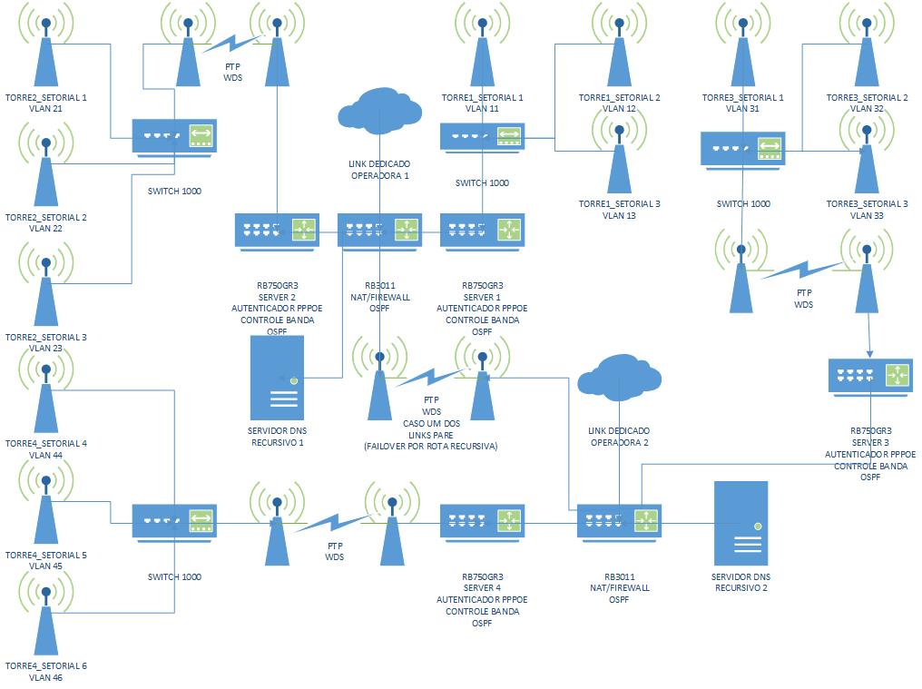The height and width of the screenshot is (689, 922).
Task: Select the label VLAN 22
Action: [45, 229]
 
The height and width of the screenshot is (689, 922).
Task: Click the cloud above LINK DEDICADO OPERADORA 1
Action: [379, 109]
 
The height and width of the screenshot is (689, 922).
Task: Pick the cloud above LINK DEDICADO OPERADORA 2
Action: [620, 377]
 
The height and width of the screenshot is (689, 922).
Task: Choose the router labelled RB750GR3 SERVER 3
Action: [870, 374]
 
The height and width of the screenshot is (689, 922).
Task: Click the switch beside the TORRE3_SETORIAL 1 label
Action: [743, 148]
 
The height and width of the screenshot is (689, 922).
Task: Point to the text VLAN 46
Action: [45, 677]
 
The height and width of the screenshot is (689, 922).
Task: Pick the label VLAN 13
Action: [620, 215]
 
